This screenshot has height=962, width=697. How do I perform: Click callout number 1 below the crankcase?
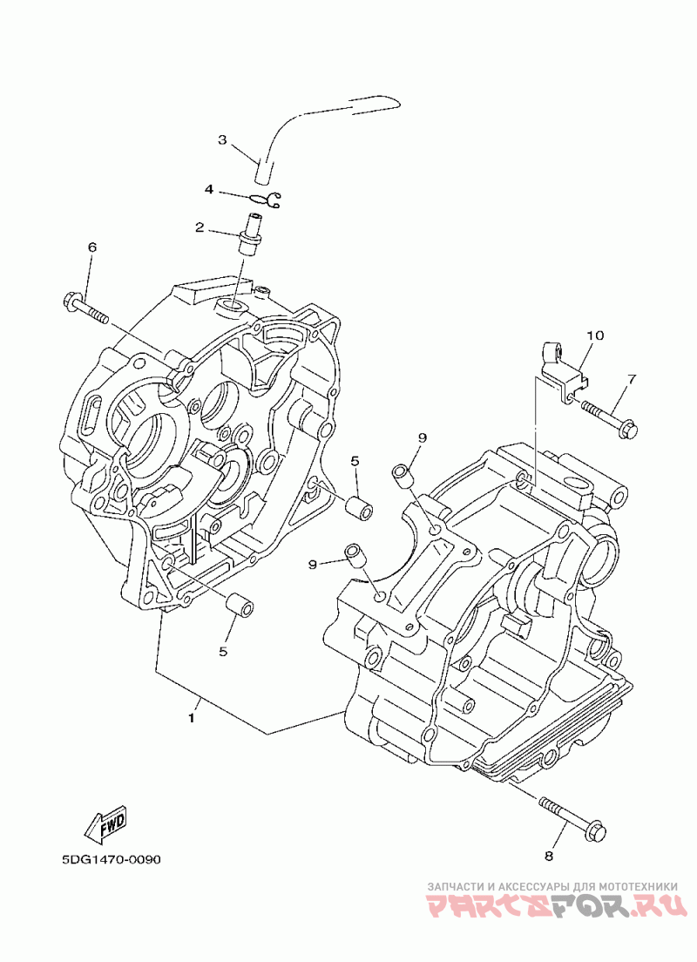click(x=192, y=717)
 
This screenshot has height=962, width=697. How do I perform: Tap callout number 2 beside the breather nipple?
click(x=200, y=227)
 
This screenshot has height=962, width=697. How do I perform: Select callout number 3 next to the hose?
click(x=223, y=140)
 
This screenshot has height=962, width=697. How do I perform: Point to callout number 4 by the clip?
click(x=209, y=190)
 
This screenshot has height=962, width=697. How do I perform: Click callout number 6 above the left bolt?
click(x=92, y=247)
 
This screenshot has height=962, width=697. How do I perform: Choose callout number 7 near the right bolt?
click(x=632, y=379)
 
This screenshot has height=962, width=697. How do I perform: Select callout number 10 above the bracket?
click(x=594, y=335)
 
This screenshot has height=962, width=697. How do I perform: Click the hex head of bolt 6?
click(x=71, y=301)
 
